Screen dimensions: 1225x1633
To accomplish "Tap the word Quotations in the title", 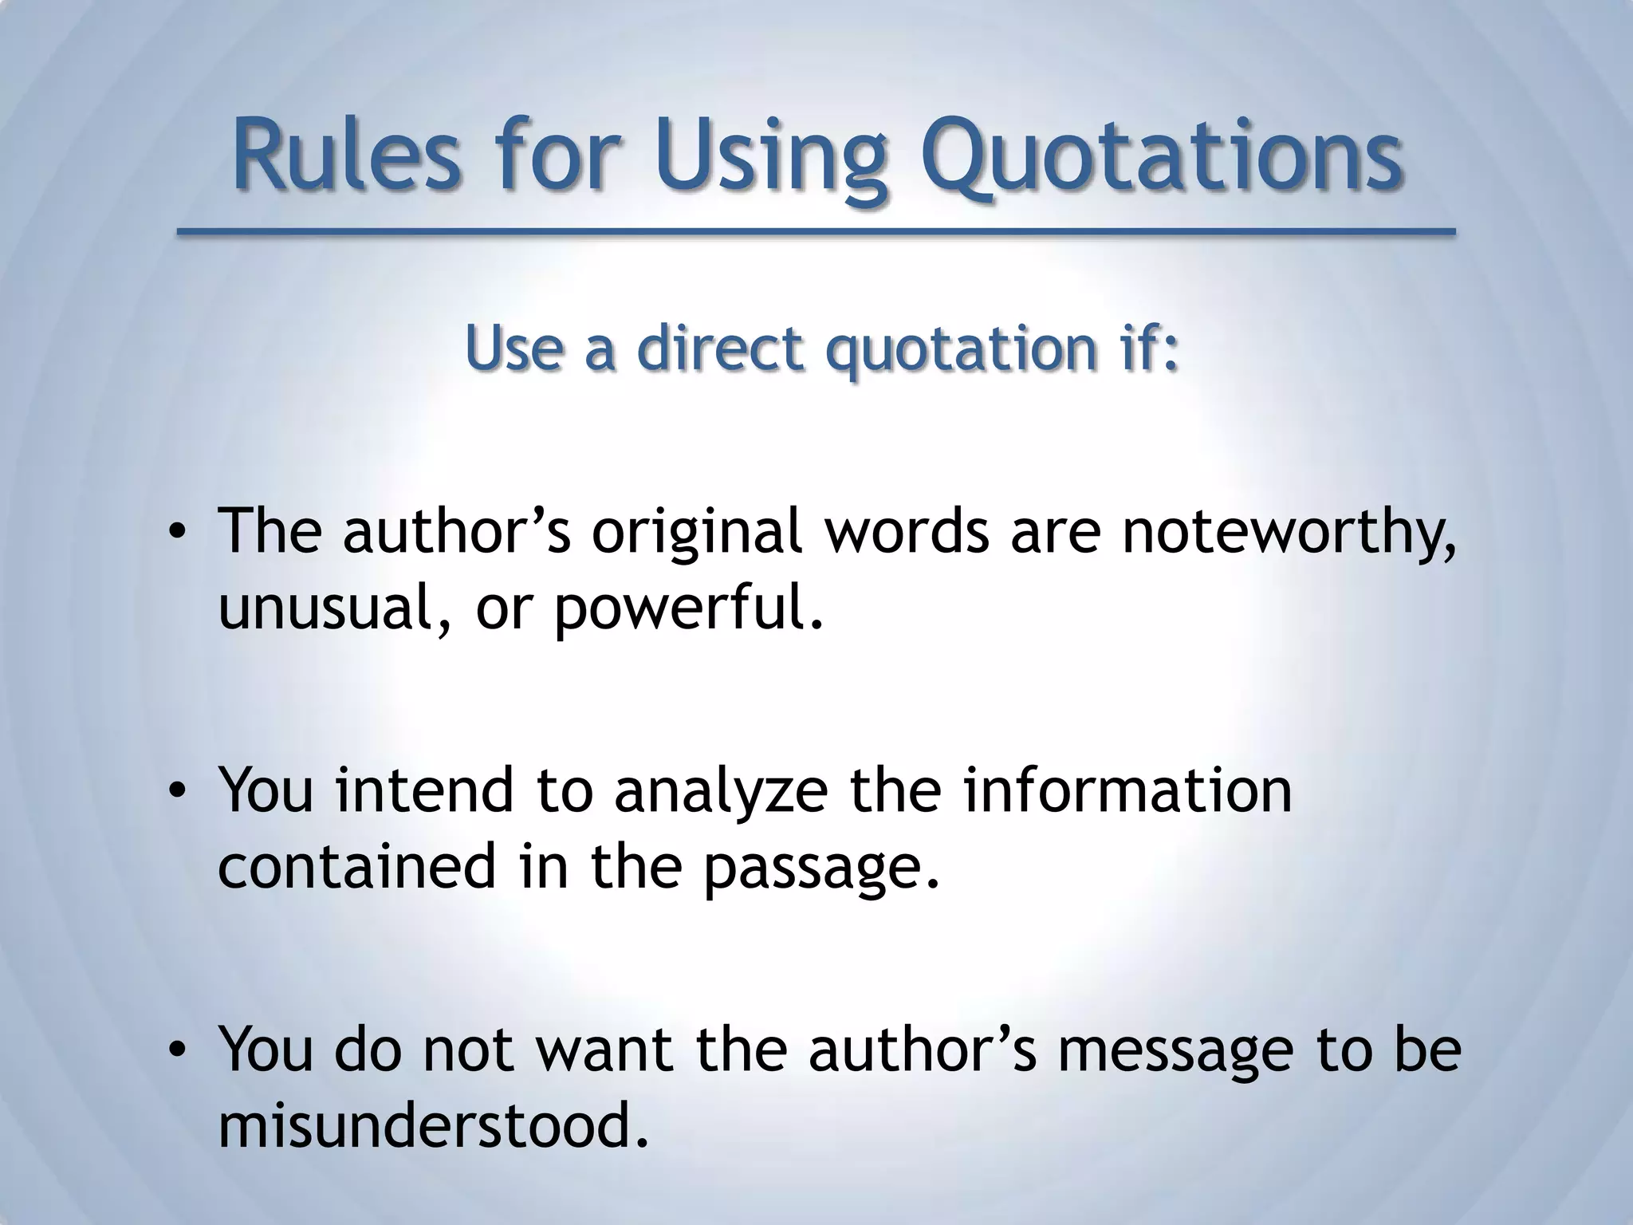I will pos(1161,155).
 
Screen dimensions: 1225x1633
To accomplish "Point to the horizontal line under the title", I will pos(816,232).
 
